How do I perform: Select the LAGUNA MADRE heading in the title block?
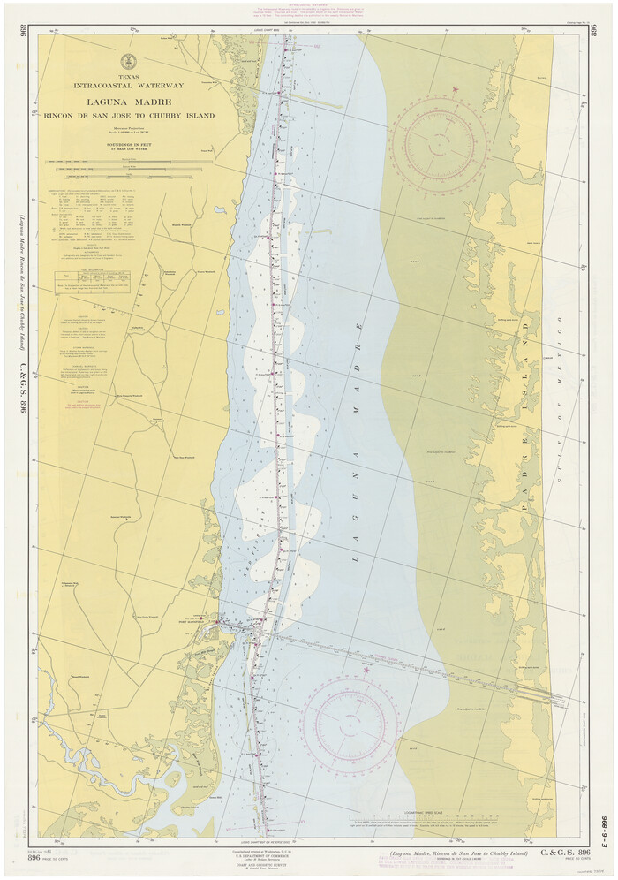(129, 101)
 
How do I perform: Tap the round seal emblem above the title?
(129, 61)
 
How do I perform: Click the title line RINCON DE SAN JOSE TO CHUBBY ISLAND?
(129, 115)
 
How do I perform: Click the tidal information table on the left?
(92, 280)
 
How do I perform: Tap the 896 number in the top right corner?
(592, 33)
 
